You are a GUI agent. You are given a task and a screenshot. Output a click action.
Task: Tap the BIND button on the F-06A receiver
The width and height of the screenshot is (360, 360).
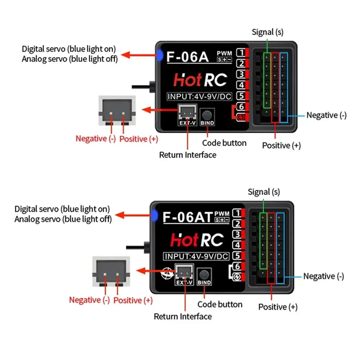tap(207, 115)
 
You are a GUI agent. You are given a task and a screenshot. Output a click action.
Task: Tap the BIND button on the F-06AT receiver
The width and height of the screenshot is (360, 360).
tap(204, 275)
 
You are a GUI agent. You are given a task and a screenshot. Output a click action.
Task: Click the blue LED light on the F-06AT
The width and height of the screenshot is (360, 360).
tap(154, 215)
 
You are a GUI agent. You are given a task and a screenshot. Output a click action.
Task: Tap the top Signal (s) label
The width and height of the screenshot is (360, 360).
tap(267, 32)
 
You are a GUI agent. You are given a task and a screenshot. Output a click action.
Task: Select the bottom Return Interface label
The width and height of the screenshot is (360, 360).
tap(183, 316)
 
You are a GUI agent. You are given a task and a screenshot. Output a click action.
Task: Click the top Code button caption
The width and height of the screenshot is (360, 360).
tap(224, 143)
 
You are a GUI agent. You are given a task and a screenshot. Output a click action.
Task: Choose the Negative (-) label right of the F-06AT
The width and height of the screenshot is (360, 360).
tap(323, 276)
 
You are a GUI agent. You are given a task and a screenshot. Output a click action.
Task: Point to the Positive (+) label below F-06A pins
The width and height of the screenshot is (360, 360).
tap(281, 145)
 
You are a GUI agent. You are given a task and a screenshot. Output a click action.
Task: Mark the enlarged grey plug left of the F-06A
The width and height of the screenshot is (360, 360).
tap(117, 111)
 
